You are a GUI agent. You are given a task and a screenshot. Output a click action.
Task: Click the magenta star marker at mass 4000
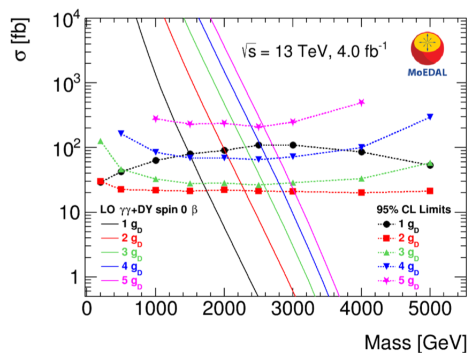pyautogui.click(x=361, y=102)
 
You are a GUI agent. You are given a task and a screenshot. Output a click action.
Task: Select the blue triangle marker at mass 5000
pyautogui.click(x=430, y=117)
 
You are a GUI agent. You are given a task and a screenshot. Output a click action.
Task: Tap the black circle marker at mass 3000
pyautogui.click(x=293, y=145)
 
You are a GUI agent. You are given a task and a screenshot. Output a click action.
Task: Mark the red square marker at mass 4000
pyautogui.click(x=361, y=192)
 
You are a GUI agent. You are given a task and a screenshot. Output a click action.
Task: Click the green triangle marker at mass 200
pyautogui.click(x=100, y=141)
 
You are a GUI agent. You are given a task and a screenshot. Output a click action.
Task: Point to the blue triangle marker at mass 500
pyautogui.click(x=121, y=133)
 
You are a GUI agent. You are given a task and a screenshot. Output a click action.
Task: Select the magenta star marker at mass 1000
pyautogui.click(x=155, y=118)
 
